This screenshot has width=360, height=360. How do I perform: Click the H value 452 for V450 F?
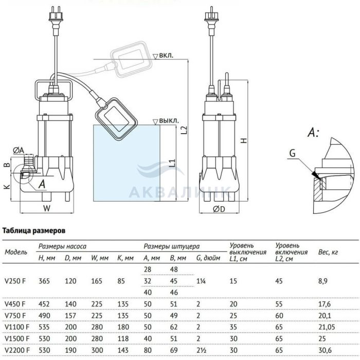pyautogui.click(x=45, y=303)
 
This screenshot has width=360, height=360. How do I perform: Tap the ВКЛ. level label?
pyautogui.click(x=167, y=55)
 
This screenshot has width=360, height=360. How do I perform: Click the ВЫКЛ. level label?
pyautogui.click(x=169, y=121)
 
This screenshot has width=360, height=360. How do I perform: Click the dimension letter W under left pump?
pyautogui.click(x=46, y=208)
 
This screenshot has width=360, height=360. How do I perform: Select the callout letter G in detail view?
pyautogui.click(x=292, y=153)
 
